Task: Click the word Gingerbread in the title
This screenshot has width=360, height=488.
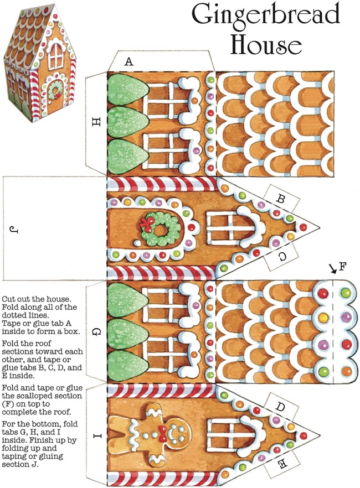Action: [x=271, y=17]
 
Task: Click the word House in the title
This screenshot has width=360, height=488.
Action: [x=266, y=44]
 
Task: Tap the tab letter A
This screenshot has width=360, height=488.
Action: [x=129, y=62]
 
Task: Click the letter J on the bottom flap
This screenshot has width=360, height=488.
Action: [x=13, y=228]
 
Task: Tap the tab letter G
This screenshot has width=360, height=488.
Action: [x=95, y=332]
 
